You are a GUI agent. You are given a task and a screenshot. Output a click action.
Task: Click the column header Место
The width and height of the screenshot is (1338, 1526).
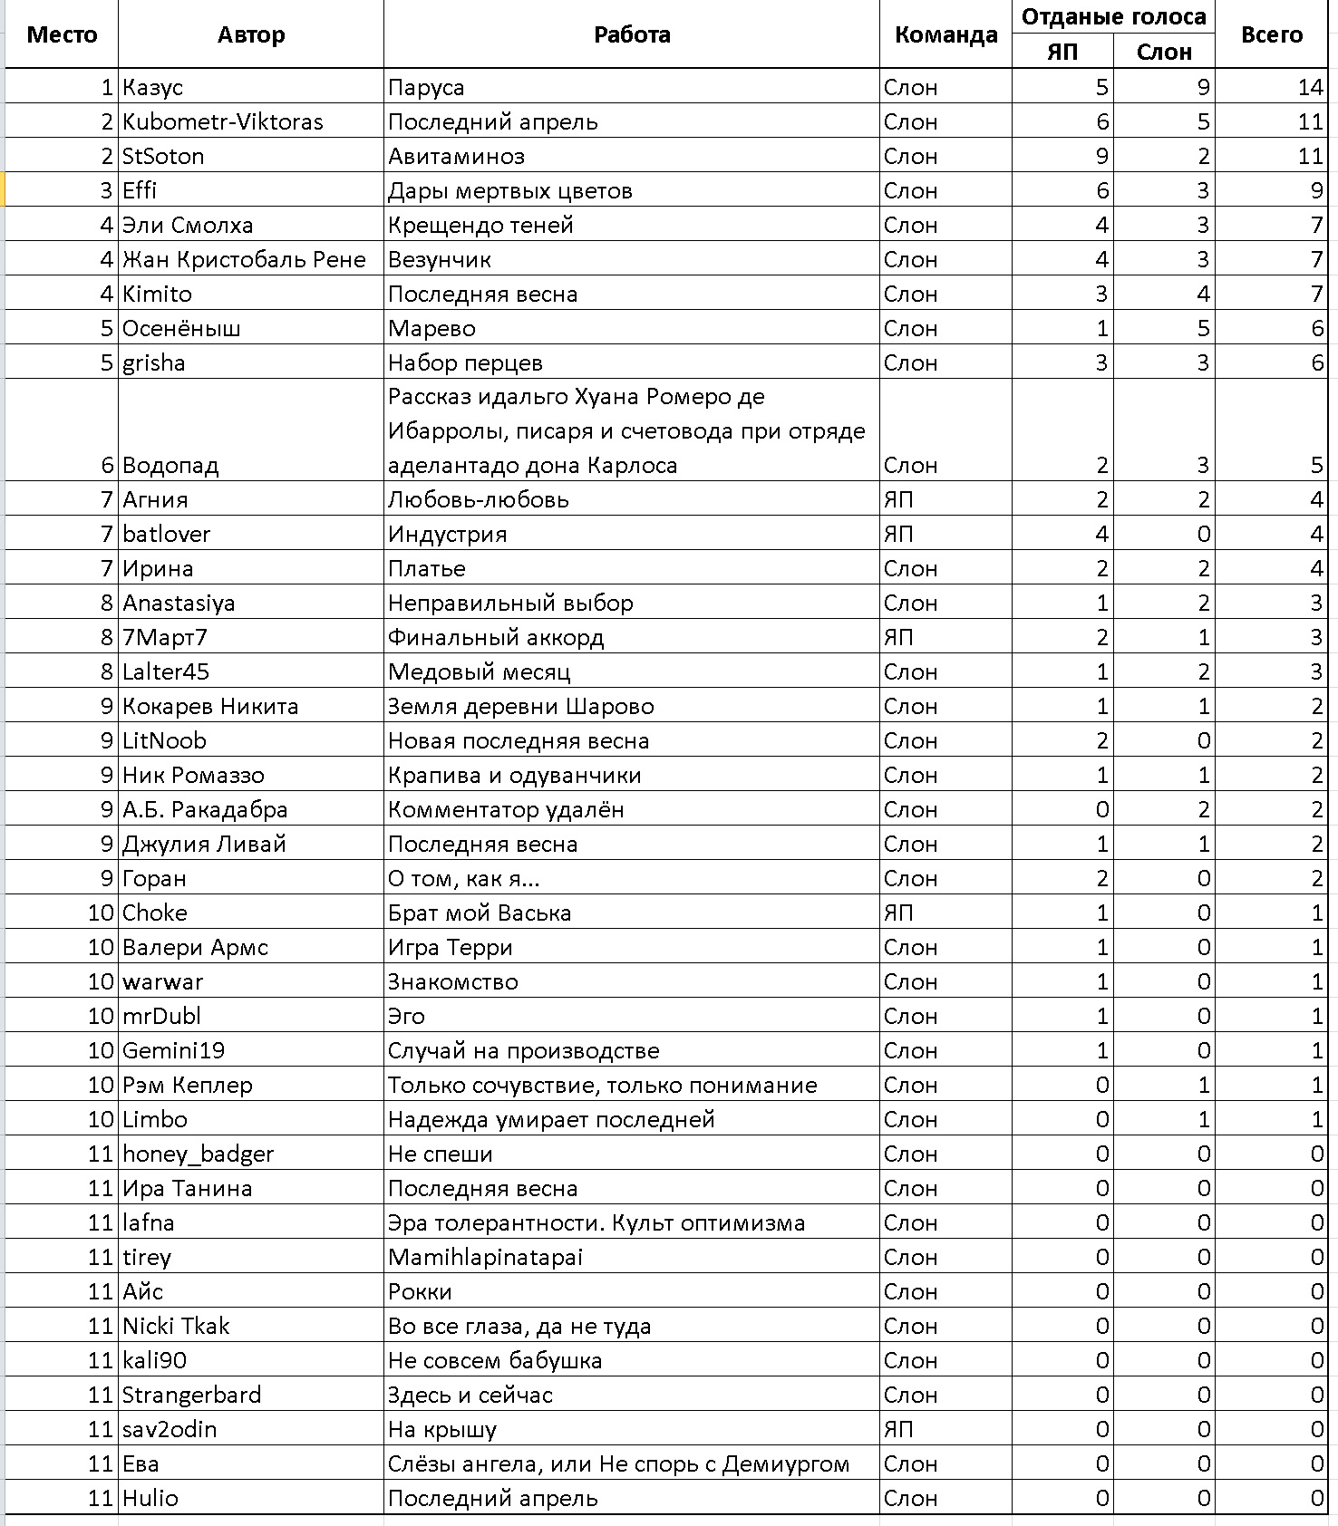(x=62, y=34)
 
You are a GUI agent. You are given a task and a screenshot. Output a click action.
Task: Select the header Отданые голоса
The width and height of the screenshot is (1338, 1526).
(x=1113, y=16)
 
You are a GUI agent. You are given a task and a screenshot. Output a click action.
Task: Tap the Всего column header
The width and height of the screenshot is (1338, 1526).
(x=1271, y=34)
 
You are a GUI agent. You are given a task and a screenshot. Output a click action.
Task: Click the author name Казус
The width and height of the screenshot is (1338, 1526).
(x=153, y=87)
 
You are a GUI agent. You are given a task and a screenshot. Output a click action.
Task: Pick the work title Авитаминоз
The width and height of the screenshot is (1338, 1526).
(x=456, y=156)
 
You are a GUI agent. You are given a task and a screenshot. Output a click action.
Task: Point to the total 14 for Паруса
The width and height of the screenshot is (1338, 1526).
(x=1310, y=87)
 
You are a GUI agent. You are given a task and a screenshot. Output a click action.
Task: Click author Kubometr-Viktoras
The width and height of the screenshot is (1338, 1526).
(x=223, y=121)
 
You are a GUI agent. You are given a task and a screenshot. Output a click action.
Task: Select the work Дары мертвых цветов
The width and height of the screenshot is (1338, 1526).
(x=509, y=190)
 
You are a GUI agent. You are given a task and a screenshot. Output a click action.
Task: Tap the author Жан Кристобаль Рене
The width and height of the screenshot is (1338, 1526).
(x=244, y=259)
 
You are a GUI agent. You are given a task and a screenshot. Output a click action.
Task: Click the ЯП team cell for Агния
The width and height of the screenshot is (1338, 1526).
(x=898, y=499)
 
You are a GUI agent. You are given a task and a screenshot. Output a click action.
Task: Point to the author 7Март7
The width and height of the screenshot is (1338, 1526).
(x=165, y=637)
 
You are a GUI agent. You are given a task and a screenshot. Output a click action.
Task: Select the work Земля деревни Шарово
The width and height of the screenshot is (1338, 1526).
(x=520, y=706)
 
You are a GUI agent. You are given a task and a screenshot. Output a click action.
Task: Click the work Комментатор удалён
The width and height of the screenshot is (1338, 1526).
(x=506, y=809)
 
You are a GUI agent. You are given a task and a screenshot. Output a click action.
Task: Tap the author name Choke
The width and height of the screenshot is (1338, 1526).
(x=155, y=913)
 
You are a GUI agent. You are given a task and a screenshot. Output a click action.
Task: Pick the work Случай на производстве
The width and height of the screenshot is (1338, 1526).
(x=523, y=1050)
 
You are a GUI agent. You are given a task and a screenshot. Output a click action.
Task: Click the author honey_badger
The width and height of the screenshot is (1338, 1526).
(x=198, y=1154)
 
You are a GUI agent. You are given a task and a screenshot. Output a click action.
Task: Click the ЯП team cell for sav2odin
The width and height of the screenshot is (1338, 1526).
(x=898, y=1429)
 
